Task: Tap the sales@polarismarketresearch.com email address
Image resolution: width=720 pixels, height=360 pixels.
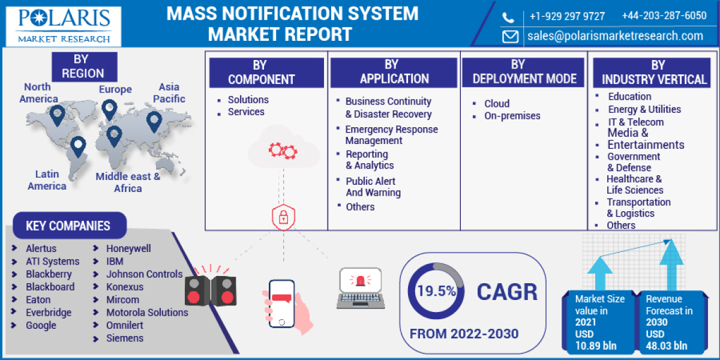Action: tap(615, 36)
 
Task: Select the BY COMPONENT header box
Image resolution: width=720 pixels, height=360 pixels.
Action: tap(266, 72)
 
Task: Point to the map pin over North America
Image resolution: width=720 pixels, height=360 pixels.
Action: tap(57, 115)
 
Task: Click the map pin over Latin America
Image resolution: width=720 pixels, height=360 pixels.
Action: tap(78, 146)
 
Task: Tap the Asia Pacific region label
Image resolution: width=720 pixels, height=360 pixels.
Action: tap(169, 93)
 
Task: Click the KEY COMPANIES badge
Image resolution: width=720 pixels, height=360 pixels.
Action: tap(68, 226)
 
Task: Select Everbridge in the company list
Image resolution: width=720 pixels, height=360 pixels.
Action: tap(48, 313)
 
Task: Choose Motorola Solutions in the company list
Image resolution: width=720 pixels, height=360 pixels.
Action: tap(147, 313)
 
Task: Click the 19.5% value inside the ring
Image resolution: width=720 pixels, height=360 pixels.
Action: tap(436, 292)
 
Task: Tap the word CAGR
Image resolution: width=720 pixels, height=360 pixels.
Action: tap(507, 292)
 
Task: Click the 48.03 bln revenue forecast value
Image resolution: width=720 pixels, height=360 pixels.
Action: tap(667, 345)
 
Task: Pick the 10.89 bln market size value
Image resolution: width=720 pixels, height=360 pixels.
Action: tap(595, 345)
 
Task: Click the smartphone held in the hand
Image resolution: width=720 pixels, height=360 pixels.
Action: tap(281, 303)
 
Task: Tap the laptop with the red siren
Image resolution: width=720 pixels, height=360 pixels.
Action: tap(360, 288)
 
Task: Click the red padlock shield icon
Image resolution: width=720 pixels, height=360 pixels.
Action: tap(283, 218)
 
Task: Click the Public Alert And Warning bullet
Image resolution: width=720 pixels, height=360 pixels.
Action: tap(373, 187)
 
